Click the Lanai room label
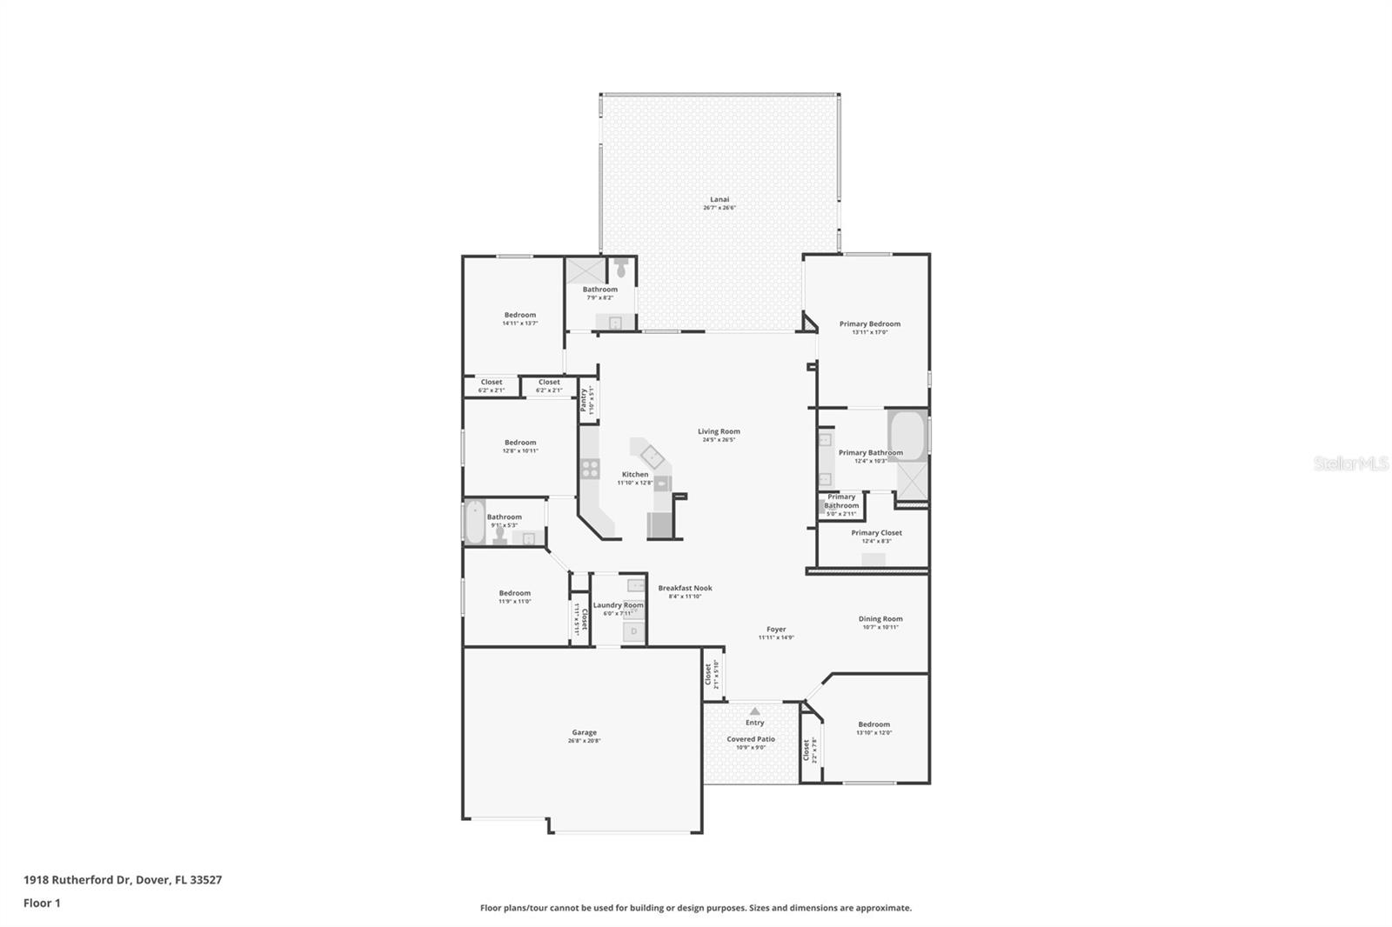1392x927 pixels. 719,199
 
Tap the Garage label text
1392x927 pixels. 584,732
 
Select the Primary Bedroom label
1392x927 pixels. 869,323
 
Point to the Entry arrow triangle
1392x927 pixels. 754,710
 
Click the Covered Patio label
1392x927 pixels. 751,739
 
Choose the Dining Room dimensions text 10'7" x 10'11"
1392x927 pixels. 880,627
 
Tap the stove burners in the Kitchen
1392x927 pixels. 590,469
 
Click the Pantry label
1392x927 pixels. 584,401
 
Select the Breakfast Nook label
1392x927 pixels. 685,588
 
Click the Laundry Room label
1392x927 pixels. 618,605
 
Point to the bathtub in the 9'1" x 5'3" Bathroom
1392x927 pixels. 474,522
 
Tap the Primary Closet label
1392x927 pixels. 876,532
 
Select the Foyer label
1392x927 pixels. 776,629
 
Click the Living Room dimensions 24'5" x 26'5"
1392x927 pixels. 719,440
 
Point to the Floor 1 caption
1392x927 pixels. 42,904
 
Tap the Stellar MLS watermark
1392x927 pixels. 1350,463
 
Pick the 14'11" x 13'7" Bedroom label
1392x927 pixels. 519,315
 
